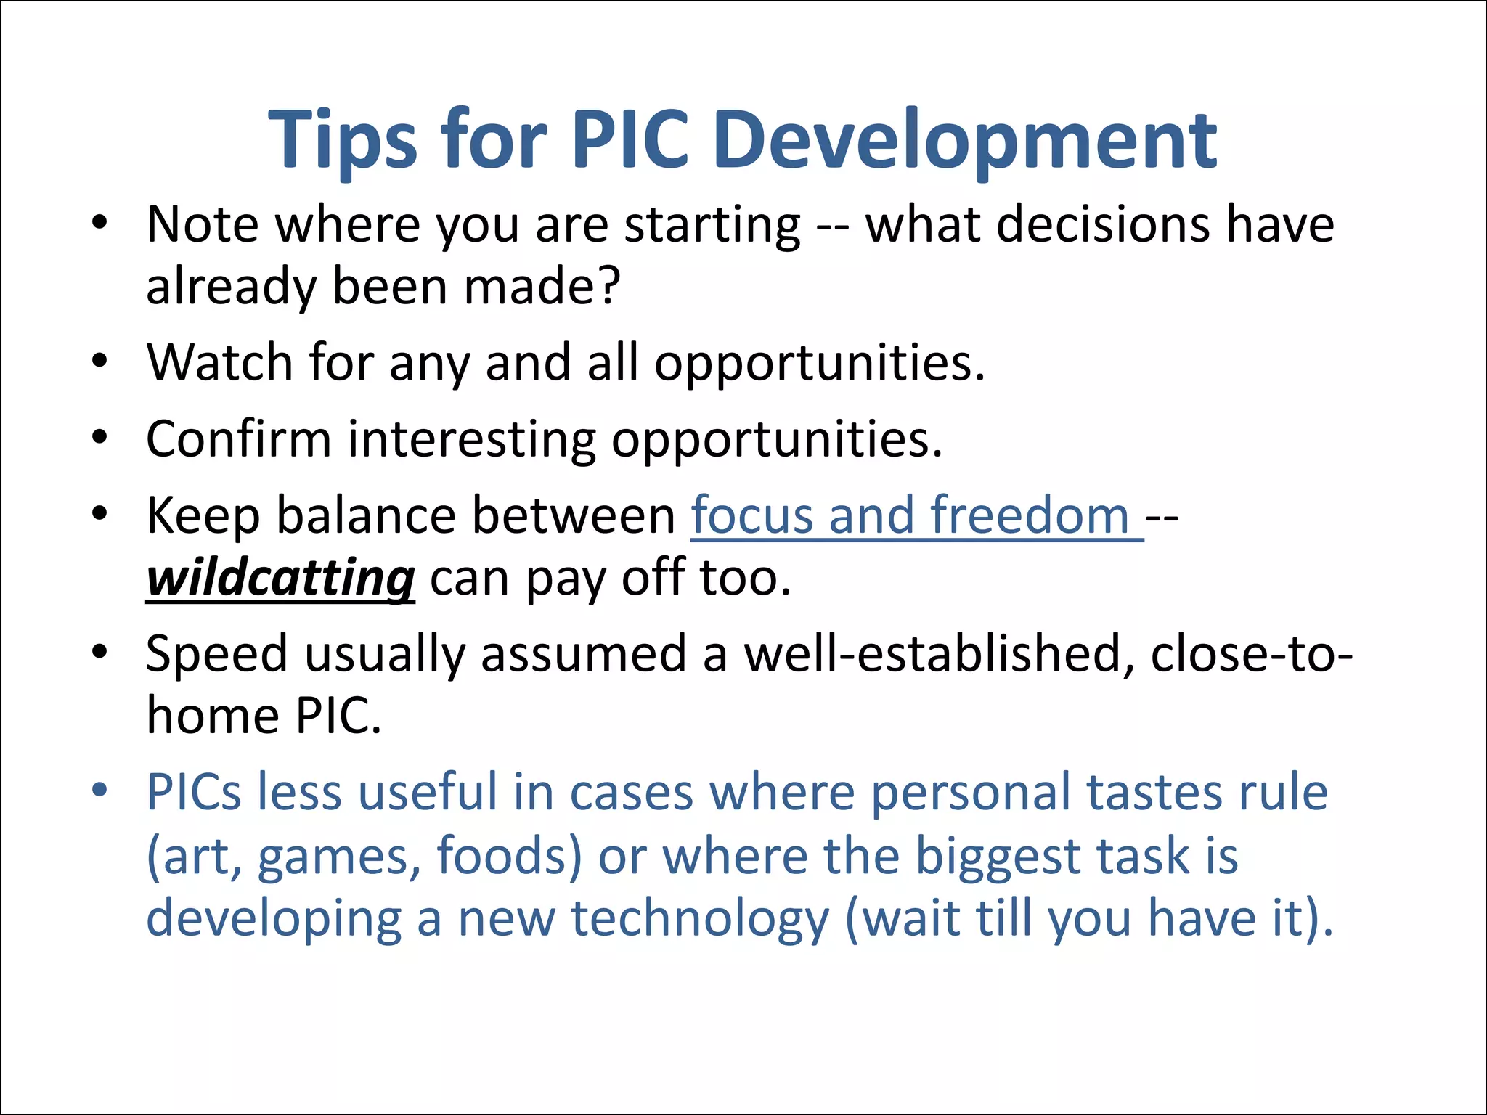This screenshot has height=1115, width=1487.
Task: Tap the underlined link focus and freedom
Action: pos(916,516)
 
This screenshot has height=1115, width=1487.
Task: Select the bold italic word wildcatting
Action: pos(280,579)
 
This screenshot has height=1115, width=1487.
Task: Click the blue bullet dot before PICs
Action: pos(99,790)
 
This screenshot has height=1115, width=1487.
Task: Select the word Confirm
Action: pos(238,439)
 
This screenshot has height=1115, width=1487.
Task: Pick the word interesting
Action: pos(472,439)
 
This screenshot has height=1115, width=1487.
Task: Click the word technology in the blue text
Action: pos(700,919)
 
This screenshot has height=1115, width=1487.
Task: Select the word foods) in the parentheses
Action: pos(509,856)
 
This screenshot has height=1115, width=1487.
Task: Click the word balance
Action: pos(366,516)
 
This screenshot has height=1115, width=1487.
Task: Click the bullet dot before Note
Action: pos(99,221)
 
